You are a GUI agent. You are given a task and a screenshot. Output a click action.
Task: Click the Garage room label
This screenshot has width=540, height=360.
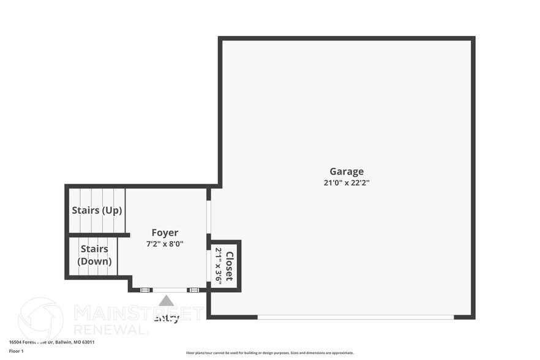pyautogui.click(x=347, y=171)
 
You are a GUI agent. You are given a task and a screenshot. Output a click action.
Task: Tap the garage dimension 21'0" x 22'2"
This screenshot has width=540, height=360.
pyautogui.click(x=347, y=182)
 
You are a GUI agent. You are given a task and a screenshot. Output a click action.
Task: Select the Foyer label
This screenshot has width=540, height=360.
pyautogui.click(x=165, y=233)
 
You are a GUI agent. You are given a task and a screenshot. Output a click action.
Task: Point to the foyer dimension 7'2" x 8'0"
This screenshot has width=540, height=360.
pyautogui.click(x=165, y=244)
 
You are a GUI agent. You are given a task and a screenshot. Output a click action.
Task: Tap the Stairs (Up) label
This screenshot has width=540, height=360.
pyautogui.click(x=97, y=210)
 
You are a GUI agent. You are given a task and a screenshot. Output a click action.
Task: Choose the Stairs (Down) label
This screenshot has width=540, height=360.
pyautogui.click(x=94, y=255)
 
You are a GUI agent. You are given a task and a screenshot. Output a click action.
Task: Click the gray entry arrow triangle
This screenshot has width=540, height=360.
pyautogui.click(x=166, y=301)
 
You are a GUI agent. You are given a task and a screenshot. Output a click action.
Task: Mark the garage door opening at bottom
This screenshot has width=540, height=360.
pyautogui.click(x=355, y=317)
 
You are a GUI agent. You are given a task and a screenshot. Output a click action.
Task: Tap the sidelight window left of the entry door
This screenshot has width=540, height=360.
pyautogui.click(x=145, y=290)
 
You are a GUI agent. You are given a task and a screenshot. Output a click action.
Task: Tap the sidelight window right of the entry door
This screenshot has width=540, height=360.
pyautogui.click(x=193, y=290)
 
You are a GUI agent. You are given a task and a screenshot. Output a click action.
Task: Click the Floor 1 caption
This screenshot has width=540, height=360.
pyautogui.click(x=16, y=351)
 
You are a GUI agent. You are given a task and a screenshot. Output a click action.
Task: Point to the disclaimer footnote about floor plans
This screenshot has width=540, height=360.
pyautogui.click(x=269, y=353)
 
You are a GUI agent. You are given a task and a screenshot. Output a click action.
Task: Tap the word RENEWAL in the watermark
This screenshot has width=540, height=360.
pyautogui.click(x=111, y=329)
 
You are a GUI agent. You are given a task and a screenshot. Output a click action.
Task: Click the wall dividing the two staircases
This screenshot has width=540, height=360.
pyautogui.click(x=98, y=234)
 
